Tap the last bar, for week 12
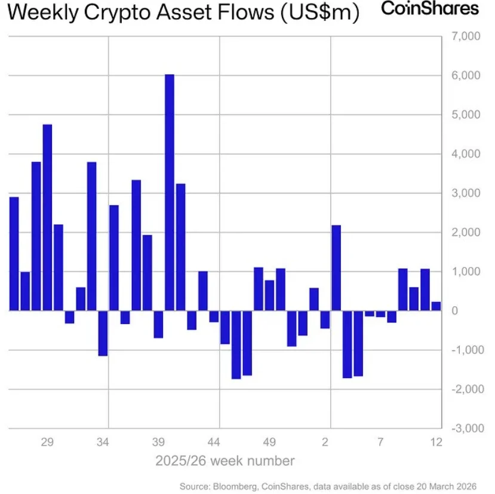point(436,306)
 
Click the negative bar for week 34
point(103,333)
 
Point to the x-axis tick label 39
point(158,443)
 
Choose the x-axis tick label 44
point(214,443)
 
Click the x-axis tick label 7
point(380,443)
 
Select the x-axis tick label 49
point(269,443)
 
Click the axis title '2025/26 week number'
point(225,461)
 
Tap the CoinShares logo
point(429,9)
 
